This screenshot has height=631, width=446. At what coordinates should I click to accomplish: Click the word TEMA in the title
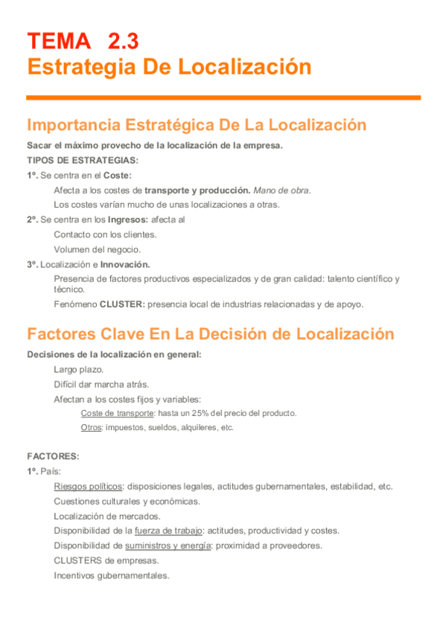click(x=57, y=40)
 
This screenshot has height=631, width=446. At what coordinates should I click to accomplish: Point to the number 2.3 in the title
click(x=123, y=40)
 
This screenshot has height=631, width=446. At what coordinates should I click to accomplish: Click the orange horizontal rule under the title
click(x=223, y=97)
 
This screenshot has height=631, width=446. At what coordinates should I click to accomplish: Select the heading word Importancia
click(x=73, y=124)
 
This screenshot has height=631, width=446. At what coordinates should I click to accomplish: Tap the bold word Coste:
click(x=117, y=176)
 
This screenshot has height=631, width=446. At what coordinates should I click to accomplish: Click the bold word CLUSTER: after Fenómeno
click(x=123, y=304)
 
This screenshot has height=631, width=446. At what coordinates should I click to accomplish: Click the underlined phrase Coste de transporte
click(x=117, y=413)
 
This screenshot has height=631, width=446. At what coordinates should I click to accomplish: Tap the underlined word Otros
click(x=92, y=428)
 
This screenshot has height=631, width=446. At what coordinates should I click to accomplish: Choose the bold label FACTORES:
click(x=53, y=456)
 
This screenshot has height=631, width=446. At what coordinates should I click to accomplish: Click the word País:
click(x=51, y=471)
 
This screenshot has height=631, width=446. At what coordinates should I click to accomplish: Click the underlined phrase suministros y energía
click(x=168, y=545)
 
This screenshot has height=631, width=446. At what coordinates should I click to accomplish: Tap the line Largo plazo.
click(x=78, y=370)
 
